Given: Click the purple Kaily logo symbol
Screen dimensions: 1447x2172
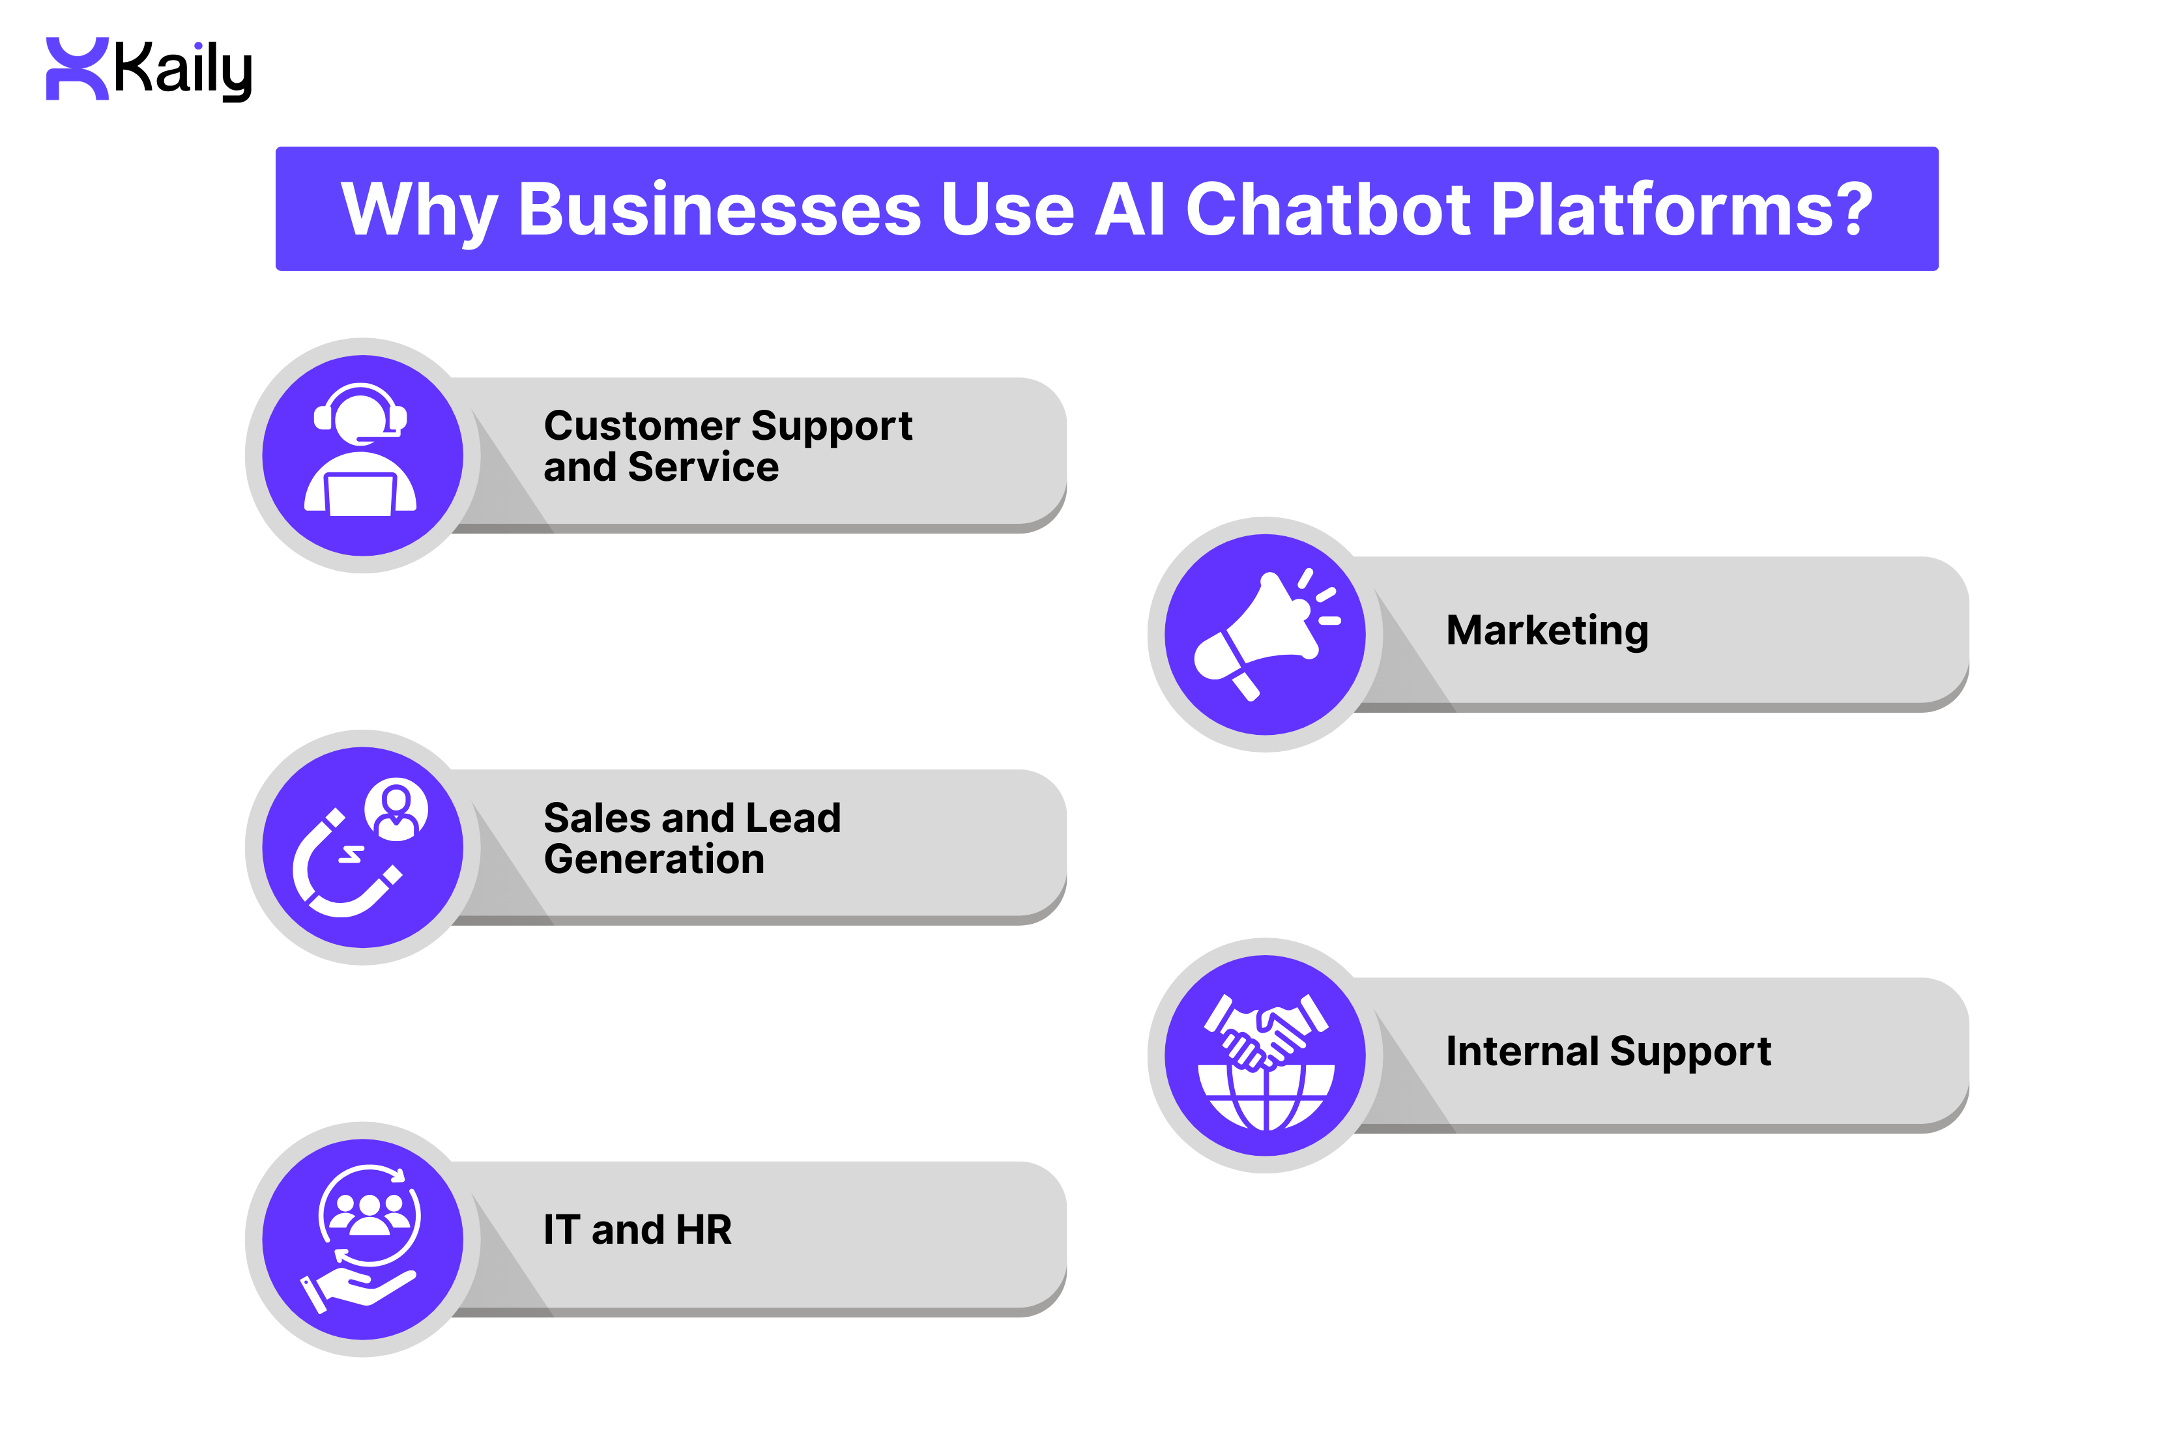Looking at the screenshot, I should [77, 68].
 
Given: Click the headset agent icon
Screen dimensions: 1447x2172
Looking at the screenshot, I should [361, 450].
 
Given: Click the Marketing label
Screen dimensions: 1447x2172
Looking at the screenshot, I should [1546, 630].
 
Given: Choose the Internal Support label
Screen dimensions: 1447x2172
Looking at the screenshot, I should [1607, 1050].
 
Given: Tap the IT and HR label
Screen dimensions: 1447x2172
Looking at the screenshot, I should [637, 1229].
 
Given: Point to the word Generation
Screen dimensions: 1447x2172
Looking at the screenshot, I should [654, 859].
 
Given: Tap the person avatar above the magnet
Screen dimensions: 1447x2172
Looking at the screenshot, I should [396, 809].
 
